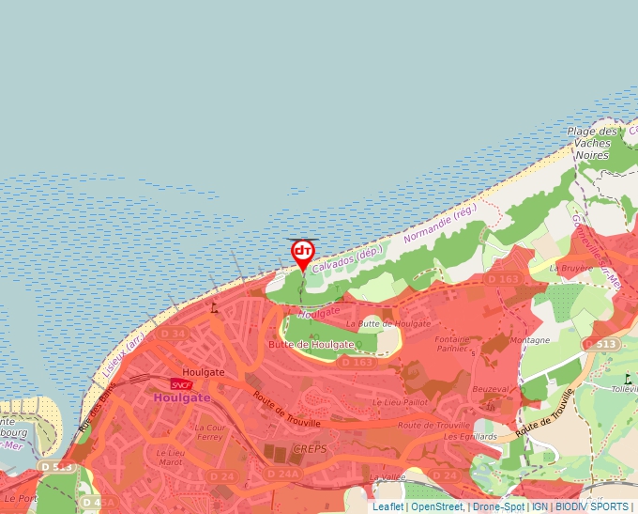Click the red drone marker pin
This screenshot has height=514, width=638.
pos(302,253)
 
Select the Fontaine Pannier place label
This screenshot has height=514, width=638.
pos(452,344)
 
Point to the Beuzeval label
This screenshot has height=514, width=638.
pos(491,389)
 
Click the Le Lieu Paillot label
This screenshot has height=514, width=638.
pos(400,402)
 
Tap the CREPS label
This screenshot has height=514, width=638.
pos(309,449)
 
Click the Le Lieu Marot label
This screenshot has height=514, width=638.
pos(170,457)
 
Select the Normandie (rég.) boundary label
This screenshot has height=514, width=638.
pos(440,224)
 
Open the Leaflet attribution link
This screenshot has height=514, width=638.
pos(387,506)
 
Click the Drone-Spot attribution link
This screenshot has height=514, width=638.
pos(497,506)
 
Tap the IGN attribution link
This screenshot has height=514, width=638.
pos(539,506)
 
